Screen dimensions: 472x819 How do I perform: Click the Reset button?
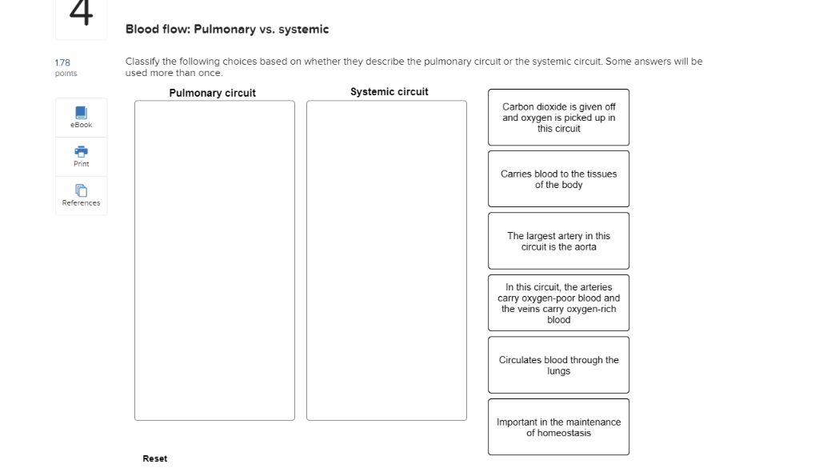coord(155,458)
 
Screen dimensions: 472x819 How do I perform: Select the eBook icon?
coord(81,113)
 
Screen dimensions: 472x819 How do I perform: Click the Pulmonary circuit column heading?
coord(213,93)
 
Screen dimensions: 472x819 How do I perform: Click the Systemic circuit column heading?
coord(390,92)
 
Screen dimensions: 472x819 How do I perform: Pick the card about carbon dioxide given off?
coord(558,118)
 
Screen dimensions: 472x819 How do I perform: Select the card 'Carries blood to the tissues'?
coord(558,179)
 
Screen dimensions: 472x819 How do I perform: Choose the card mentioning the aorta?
coord(558,241)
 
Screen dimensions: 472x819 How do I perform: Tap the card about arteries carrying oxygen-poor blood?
coord(558,303)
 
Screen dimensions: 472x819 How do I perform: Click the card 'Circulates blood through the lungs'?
coord(558,365)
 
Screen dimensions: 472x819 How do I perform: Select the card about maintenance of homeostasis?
coord(558,427)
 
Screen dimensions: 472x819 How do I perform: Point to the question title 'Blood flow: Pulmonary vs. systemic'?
coord(227,30)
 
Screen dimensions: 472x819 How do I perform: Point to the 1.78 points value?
coord(62,62)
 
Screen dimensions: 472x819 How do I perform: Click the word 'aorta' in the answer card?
coord(584,247)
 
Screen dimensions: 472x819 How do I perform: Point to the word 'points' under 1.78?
coord(66,74)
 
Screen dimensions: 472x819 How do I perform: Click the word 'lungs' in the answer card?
coord(558,371)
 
